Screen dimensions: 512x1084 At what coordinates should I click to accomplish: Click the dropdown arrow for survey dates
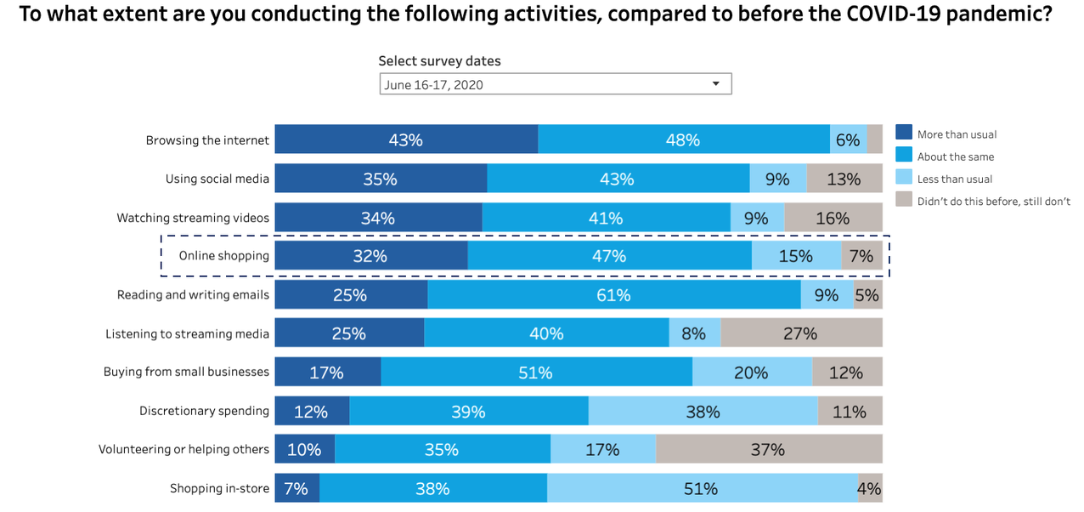[x=715, y=83]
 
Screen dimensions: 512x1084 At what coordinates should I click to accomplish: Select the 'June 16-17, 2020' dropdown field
[x=544, y=84]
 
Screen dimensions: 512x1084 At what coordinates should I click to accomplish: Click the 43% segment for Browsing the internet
[x=406, y=139]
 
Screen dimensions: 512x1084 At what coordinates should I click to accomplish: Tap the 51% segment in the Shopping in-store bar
[x=702, y=488]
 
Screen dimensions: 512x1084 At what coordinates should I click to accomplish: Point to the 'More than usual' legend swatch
[x=903, y=134]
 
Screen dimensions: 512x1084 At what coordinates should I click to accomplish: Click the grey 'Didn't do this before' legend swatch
[x=903, y=200]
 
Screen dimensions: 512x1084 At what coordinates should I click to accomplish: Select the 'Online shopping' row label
[x=223, y=256]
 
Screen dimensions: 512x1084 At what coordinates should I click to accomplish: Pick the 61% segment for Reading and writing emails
[x=613, y=295]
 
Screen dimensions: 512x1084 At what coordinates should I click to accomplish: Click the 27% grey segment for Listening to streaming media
[x=800, y=333]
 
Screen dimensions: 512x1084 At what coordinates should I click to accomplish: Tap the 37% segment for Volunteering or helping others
[x=768, y=449]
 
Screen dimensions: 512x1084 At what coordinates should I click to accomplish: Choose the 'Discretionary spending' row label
[x=204, y=411]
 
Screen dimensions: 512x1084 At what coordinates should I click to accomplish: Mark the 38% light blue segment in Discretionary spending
[x=703, y=412]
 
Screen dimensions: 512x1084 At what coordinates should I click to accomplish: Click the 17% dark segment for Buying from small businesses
[x=327, y=373]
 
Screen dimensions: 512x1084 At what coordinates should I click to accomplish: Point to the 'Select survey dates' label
[x=439, y=61]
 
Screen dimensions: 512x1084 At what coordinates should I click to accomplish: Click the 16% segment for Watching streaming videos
[x=833, y=218]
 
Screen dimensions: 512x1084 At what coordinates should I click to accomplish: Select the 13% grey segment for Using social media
[x=844, y=179]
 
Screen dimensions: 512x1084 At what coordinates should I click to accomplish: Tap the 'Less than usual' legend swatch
[x=903, y=178]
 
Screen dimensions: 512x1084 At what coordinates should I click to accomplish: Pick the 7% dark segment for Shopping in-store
[x=296, y=488]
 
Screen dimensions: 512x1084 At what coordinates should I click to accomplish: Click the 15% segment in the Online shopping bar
[x=796, y=256]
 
